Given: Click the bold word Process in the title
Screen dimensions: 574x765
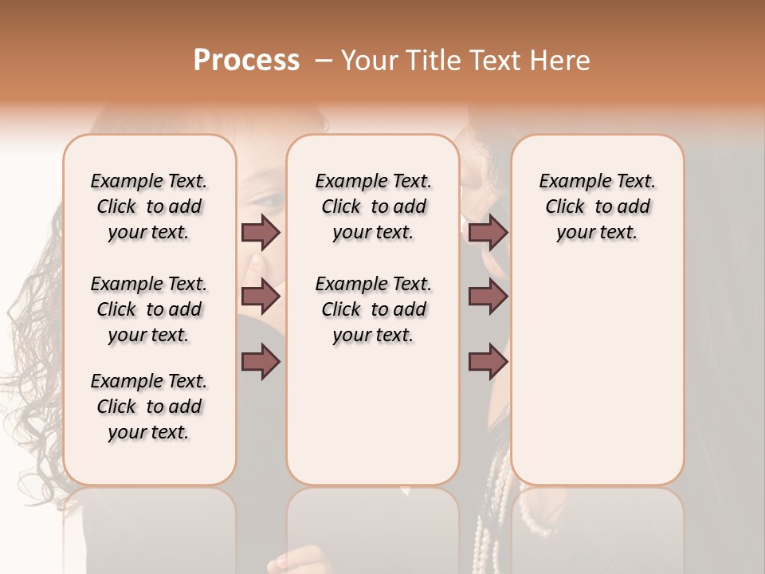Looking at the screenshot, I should [246, 60].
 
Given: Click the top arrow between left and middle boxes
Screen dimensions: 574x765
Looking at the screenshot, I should [261, 232].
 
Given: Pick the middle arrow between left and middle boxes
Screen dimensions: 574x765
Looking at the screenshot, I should [261, 297].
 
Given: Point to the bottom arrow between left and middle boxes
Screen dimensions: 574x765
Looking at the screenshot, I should [261, 363].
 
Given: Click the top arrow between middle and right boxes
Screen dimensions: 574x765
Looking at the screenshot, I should [488, 232].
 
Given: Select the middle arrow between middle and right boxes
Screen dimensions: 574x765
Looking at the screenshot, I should [488, 297].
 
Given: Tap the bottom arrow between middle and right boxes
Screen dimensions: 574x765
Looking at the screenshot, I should [488, 363].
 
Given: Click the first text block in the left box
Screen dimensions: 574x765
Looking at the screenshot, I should [149, 206].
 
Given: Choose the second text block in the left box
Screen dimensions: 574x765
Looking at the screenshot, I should [149, 309].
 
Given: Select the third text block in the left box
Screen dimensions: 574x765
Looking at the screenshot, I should [149, 407].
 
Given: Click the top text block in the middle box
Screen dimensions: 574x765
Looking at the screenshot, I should [373, 206].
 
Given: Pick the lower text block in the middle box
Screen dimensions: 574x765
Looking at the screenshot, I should [373, 309].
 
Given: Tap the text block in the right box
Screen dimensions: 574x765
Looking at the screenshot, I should [597, 206].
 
